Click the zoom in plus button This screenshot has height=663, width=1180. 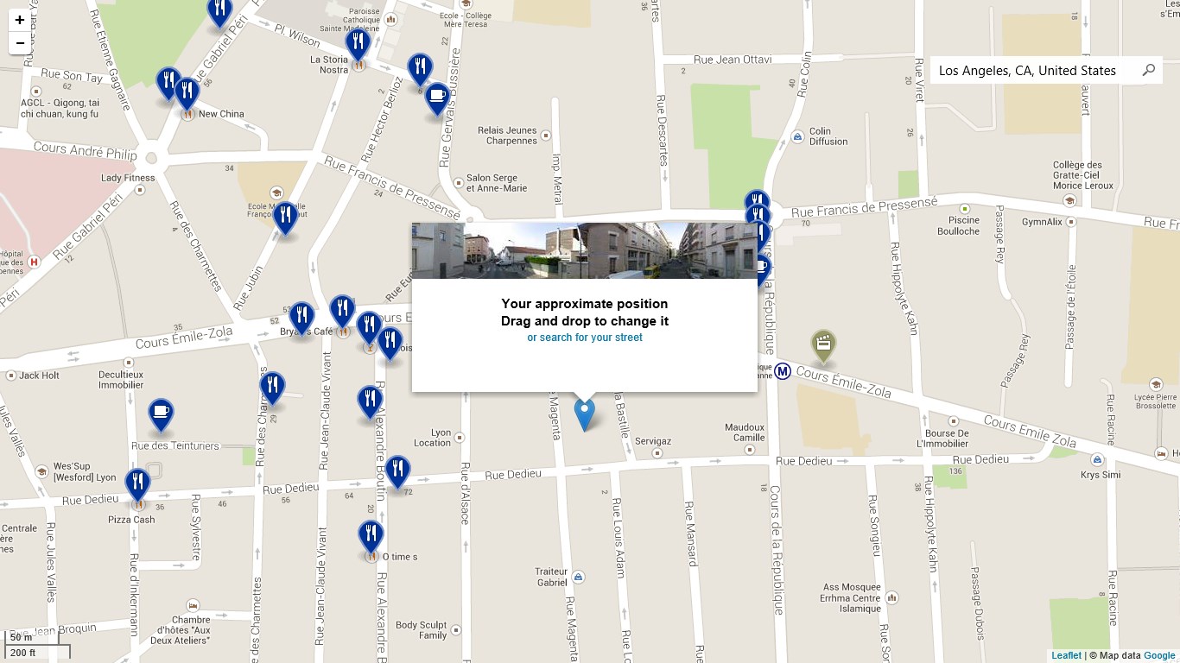coord(20,19)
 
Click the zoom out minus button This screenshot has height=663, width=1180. coord(20,42)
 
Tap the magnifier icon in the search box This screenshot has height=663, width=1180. coord(1148,70)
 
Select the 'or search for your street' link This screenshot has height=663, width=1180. coord(585,338)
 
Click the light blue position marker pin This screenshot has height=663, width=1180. coord(585,414)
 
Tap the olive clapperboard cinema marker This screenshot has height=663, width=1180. coord(823,345)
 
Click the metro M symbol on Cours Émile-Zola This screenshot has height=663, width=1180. coord(783,371)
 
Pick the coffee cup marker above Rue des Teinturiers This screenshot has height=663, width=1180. coord(161,414)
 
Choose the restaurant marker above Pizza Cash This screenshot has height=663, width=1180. coord(137,484)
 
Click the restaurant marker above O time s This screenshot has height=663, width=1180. coord(371,535)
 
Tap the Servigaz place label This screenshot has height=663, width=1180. coord(653,441)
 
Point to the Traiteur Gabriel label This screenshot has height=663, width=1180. coord(551,577)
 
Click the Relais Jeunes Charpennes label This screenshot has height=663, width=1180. coord(507,136)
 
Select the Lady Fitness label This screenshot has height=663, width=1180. coord(128,178)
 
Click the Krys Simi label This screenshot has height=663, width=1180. coord(1101,475)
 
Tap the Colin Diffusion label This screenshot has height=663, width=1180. coord(828,136)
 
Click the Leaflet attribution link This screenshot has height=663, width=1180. coord(1066,655)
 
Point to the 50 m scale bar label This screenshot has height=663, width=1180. coord(22,637)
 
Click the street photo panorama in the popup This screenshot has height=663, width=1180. coord(584,250)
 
